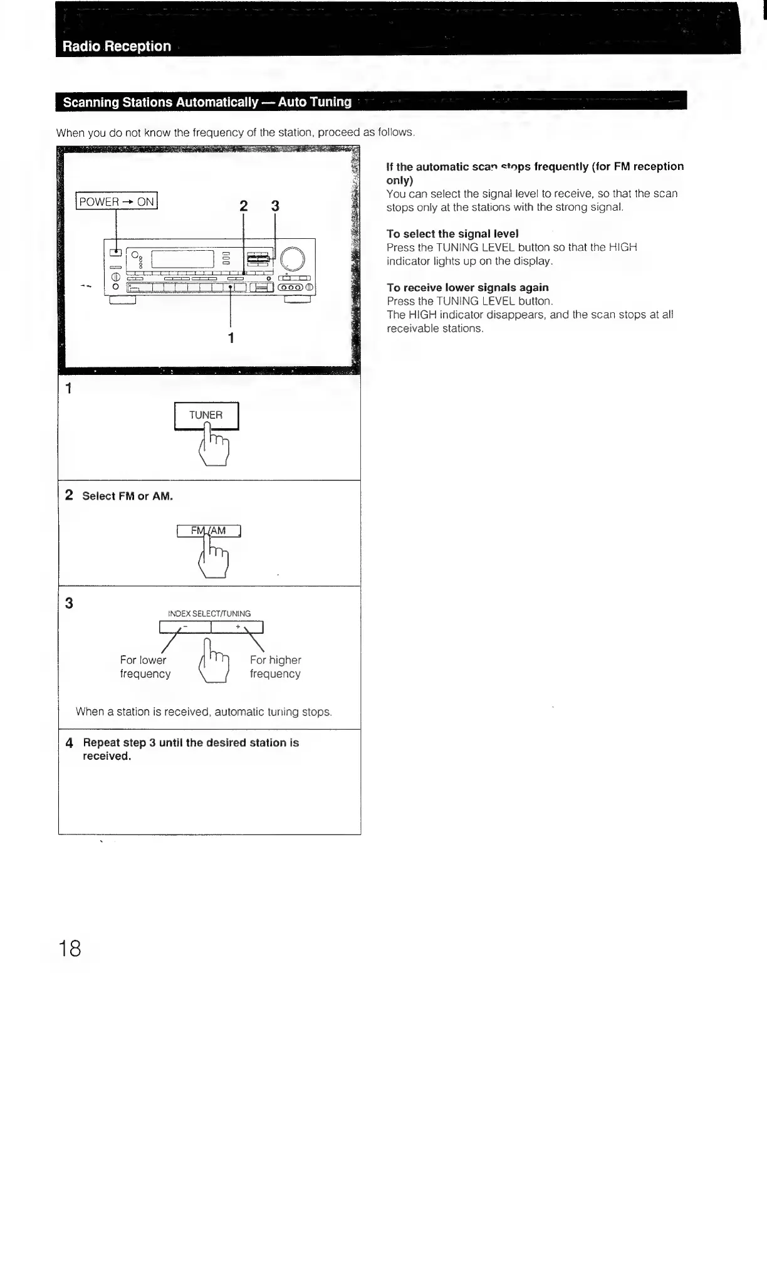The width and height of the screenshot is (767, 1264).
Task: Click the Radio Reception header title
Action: [117, 46]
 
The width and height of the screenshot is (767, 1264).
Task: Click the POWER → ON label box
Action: [117, 201]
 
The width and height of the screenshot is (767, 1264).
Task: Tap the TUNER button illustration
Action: [206, 415]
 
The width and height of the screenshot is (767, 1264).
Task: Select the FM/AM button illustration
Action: [209, 531]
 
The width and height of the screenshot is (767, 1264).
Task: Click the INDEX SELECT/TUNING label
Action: [209, 614]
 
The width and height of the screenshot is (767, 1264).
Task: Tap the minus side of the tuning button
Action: [185, 628]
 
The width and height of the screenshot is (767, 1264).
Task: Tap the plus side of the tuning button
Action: [237, 628]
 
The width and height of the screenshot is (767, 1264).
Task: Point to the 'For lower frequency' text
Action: [145, 667]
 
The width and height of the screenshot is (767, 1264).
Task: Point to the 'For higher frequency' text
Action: [275, 667]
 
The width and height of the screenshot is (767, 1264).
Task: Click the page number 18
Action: [70, 949]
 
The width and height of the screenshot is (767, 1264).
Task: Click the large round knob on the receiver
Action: [293, 259]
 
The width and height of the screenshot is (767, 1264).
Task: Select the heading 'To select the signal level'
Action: [452, 234]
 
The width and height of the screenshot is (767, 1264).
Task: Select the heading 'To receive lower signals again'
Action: [467, 288]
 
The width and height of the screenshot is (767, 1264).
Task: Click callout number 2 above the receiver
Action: [244, 206]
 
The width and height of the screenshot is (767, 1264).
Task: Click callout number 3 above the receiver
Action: [274, 206]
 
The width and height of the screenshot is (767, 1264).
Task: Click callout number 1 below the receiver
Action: [231, 338]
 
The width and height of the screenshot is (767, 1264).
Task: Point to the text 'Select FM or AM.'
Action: [127, 496]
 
